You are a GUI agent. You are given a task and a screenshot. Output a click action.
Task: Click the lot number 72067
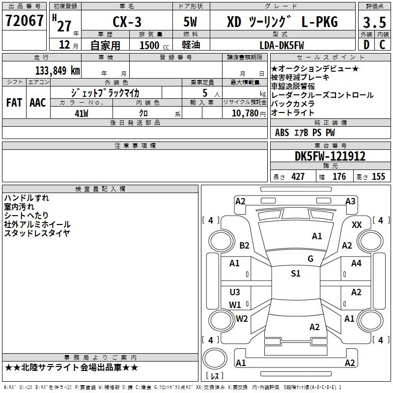[24, 20]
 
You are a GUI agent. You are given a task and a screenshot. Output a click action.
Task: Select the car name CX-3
[127, 22]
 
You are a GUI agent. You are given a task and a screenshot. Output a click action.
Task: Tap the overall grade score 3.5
[374, 23]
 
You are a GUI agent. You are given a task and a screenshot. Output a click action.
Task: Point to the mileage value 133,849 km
[57, 71]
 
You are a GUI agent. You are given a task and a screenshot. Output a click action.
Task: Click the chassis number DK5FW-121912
[330, 156]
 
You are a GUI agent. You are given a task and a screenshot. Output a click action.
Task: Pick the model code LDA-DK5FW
[281, 45]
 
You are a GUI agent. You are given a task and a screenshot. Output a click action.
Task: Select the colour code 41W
[82, 113]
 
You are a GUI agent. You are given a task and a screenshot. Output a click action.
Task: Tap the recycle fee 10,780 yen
[249, 113]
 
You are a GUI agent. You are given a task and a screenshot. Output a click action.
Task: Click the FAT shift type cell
[14, 103]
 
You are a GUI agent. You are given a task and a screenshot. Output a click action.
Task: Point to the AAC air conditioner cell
[38, 103]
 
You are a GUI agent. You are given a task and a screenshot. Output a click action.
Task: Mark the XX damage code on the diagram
[357, 225]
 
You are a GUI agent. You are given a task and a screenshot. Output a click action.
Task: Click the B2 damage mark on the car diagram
[244, 245]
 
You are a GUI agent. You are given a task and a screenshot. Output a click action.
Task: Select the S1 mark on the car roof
[296, 273]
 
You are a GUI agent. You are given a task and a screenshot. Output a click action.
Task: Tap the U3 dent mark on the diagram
[235, 292]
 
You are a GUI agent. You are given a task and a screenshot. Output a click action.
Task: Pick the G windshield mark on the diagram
[310, 258]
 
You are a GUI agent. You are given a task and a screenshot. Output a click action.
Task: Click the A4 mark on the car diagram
[356, 263]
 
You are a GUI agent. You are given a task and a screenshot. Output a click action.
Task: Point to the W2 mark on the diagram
[242, 318]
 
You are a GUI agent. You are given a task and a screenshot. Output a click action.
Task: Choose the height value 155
[378, 176]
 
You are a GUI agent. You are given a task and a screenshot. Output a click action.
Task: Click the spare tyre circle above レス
[215, 359]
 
